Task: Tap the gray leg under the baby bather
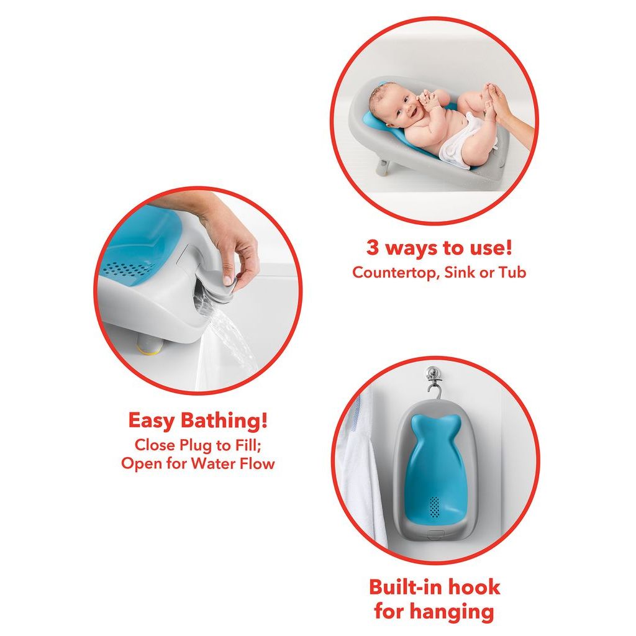(384, 167)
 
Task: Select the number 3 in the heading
(373, 248)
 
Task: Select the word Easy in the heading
(151, 420)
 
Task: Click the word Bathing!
(224, 420)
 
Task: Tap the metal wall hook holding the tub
(433, 378)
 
